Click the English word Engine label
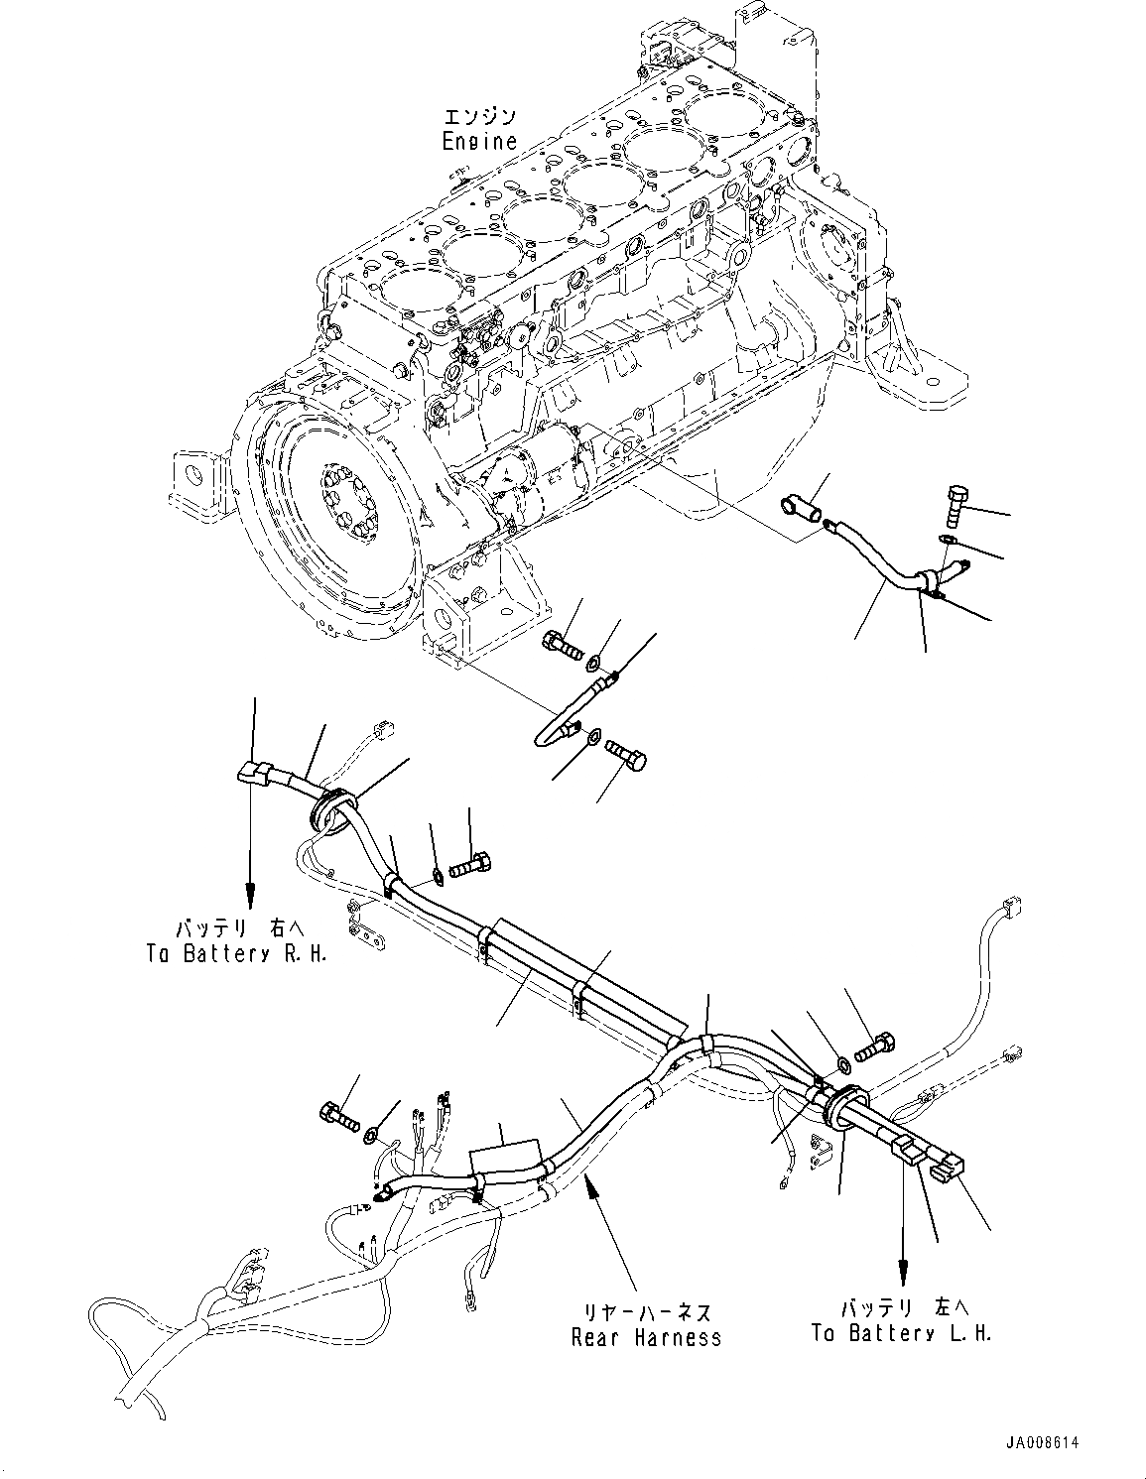tap(479, 141)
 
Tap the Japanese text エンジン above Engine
tap(479, 117)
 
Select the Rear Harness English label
tap(646, 1337)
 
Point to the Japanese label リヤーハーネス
tap(646, 1312)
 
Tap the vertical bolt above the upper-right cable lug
tap(958, 506)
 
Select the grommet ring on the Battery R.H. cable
tap(331, 808)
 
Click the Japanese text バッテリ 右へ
tap(243, 929)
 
